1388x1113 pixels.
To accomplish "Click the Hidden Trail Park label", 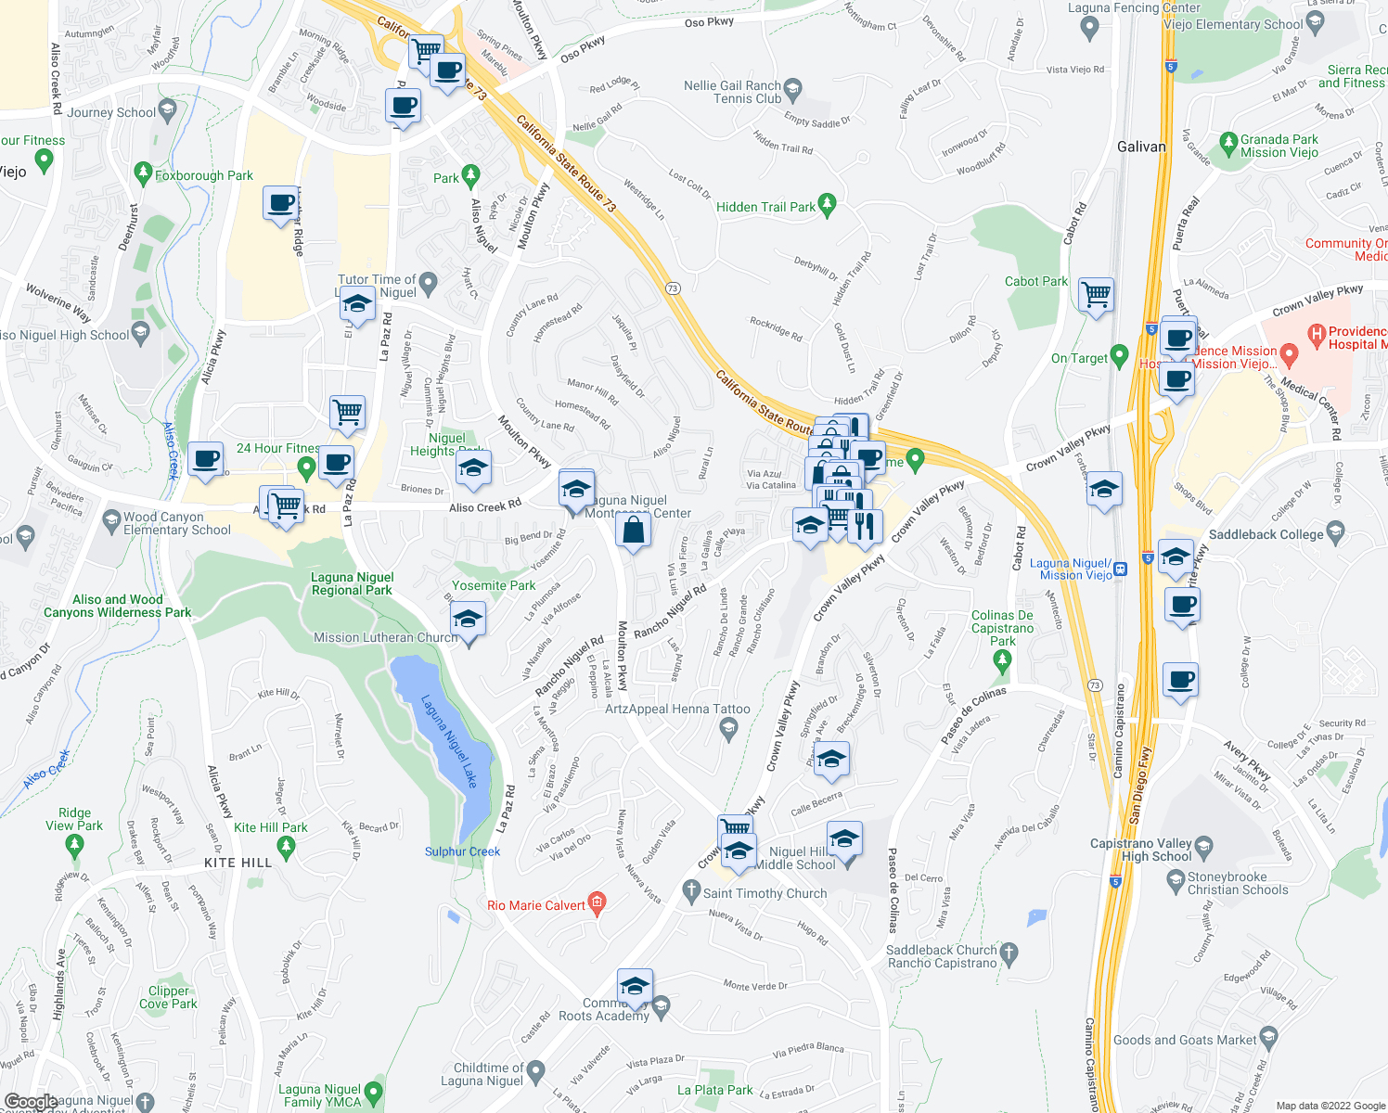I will (765, 207).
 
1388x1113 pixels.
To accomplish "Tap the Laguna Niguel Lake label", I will (449, 741).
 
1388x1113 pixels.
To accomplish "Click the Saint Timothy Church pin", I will (690, 891).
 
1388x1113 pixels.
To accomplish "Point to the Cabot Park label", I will (1036, 281).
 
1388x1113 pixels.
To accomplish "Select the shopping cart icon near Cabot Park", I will (1097, 296).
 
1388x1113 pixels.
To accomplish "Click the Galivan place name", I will (1141, 147).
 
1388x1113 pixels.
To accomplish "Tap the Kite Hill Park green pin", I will (286, 845).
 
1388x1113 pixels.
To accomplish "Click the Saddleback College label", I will (1266, 534).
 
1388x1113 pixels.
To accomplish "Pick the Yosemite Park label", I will (494, 585).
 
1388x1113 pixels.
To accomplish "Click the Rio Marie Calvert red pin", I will (597, 902).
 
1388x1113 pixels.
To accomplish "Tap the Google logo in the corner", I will (31, 1102).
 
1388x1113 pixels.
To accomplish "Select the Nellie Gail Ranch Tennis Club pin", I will (792, 90).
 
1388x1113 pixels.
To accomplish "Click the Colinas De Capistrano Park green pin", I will (1001, 660).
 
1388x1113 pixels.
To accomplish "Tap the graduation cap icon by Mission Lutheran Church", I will (468, 620).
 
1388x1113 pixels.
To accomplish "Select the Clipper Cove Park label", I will (168, 997).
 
